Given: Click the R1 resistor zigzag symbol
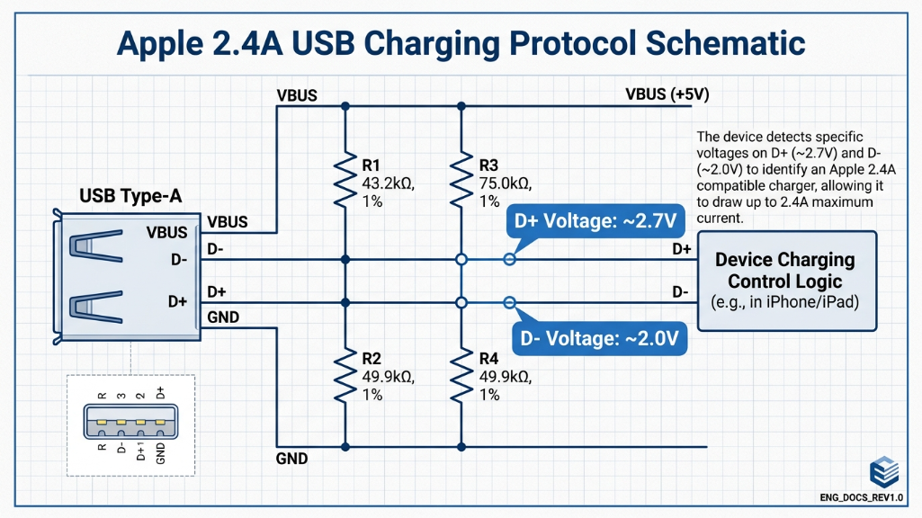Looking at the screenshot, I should pos(345,180).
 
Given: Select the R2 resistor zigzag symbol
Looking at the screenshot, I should pos(345,376).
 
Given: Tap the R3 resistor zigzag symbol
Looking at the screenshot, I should pos(461,180).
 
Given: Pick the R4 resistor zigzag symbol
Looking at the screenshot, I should pos(461,376).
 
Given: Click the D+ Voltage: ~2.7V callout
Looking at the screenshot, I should pos(594,221).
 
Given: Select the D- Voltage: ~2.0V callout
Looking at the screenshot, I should pos(599,339).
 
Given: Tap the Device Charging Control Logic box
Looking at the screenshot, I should pos(785,281).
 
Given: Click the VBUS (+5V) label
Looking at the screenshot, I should pos(661,94).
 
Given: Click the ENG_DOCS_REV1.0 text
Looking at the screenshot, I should pos(862,497).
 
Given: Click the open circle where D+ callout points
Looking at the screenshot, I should pos(509,260).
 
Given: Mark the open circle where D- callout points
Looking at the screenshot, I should pos(509,302).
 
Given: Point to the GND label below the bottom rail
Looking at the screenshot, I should pos(291,459).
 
